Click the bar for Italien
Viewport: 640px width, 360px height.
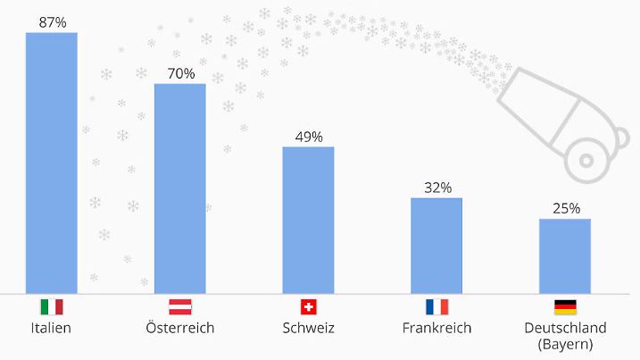[52, 163]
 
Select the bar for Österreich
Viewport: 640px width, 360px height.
[180, 188]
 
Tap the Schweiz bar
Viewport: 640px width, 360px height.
[309, 220]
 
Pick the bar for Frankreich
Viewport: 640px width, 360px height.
[436, 246]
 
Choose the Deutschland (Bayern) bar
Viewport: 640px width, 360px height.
[565, 255]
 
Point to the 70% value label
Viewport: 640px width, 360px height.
[180, 73]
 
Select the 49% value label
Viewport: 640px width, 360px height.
[309, 137]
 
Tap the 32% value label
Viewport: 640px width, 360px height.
[437, 188]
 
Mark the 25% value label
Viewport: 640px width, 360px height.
[565, 209]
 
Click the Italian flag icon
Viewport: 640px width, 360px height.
[52, 307]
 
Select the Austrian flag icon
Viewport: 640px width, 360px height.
[180, 307]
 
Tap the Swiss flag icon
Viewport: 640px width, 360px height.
[309, 307]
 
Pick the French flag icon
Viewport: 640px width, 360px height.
[436, 307]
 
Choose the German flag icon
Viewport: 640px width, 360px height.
[565, 307]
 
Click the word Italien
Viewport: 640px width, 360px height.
[51, 328]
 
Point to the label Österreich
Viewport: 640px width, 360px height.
[180, 328]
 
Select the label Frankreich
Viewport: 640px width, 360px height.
[436, 328]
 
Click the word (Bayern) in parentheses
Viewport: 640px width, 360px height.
[565, 344]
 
